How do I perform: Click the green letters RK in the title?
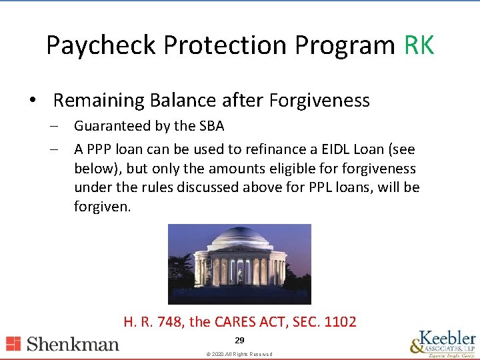pyautogui.click(x=419, y=45)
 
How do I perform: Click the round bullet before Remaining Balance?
pyautogui.click(x=32, y=100)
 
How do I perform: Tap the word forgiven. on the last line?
pyautogui.click(x=103, y=207)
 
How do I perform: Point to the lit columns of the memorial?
pyautogui.click(x=238, y=270)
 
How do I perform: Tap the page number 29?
pyautogui.click(x=239, y=341)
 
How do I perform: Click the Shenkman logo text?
pyautogui.click(x=72, y=344)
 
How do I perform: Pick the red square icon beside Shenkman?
pyautogui.click(x=13, y=344)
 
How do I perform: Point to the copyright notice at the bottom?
pyautogui.click(x=239, y=354)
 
